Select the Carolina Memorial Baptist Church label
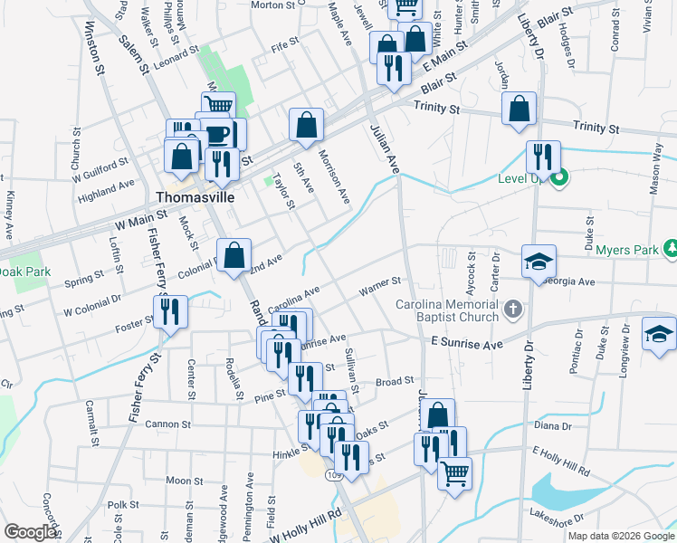click(x=447, y=310)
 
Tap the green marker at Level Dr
click(x=558, y=177)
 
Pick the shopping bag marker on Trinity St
click(x=520, y=110)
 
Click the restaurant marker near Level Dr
click(x=543, y=157)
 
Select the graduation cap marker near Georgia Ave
click(x=539, y=262)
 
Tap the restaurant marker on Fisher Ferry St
click(x=170, y=312)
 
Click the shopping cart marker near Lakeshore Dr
click(x=454, y=473)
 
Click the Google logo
click(x=30, y=532)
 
